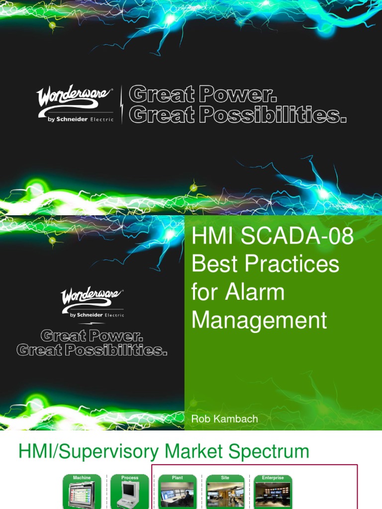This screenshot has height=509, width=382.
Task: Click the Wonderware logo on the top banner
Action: coord(75,100)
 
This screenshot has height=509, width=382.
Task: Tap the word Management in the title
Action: coord(259,320)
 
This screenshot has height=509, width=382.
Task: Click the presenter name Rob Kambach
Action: coord(224,419)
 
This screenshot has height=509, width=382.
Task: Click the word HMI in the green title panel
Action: coord(212,236)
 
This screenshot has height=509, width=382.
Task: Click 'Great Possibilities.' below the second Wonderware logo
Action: coord(92,350)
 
